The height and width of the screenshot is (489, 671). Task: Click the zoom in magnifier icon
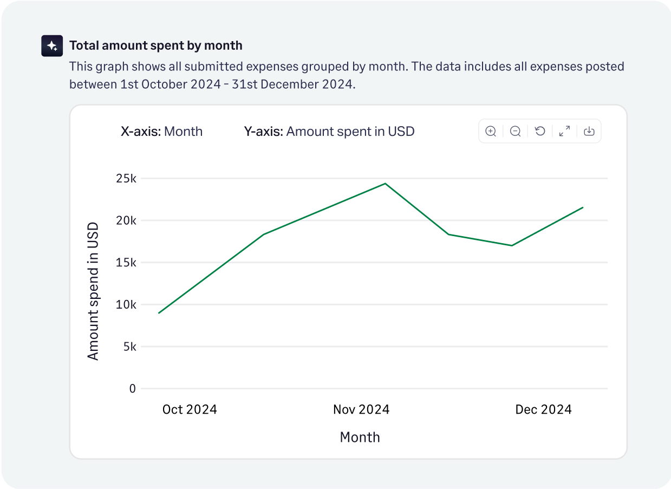coord(491,131)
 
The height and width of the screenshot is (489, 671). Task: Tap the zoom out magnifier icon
coord(516,131)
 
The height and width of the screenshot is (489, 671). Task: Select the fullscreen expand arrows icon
coord(564,131)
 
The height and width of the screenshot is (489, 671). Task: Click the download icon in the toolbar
coord(589,131)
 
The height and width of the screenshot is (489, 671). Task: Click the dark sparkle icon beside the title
coord(53,46)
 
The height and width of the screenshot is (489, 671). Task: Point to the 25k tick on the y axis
coord(126,179)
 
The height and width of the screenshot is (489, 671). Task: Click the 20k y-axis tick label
coord(126,220)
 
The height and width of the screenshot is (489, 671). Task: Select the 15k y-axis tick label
coord(126,263)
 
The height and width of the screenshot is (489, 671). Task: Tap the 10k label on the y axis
coord(126,304)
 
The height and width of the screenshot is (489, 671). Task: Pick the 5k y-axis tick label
coord(129,347)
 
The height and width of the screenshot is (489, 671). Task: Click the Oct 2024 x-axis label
coord(190,409)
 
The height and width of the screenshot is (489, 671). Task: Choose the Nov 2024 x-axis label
coord(361,409)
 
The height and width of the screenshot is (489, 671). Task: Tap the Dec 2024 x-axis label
coord(543,409)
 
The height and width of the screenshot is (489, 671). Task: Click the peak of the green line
coord(385,184)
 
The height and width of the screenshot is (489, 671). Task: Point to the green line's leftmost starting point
coord(159,313)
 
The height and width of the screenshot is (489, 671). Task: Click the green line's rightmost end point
coord(583,207)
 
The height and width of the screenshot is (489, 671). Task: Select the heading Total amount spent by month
coord(156,45)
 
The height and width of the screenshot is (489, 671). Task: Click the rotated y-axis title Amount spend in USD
coord(93,291)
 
